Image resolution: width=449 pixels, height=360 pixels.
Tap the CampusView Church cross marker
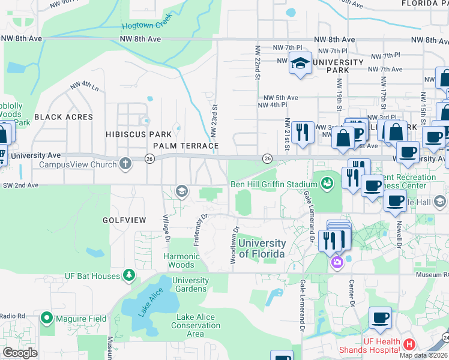pyautogui.click(x=125, y=163)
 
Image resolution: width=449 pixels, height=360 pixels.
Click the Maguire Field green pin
pyautogui.click(x=46, y=318)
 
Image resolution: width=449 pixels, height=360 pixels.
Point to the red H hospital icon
pyautogui.click(x=409, y=344)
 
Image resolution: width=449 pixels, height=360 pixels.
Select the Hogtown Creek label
pyautogui.click(x=146, y=26)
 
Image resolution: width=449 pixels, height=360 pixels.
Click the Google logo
pyautogui.click(x=20, y=353)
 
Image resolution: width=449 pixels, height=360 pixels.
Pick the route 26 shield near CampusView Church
pyautogui.click(x=149, y=158)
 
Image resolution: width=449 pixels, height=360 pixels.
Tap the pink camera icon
pyautogui.click(x=337, y=261)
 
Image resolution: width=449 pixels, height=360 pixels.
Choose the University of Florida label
pyautogui.click(x=262, y=248)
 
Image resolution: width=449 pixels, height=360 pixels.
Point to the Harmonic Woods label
pyautogui.click(x=181, y=260)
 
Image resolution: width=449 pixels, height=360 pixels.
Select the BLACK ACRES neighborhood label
pyautogui.click(x=64, y=117)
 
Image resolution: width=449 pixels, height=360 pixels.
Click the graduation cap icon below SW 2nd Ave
pyautogui.click(x=181, y=191)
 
